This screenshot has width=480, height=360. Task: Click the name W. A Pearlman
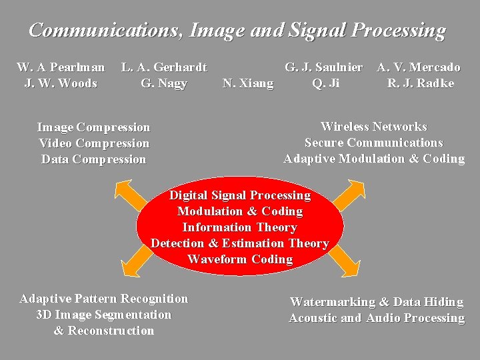(x=61, y=67)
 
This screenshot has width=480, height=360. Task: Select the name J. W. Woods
(x=61, y=83)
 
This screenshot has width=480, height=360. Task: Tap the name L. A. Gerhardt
(x=164, y=67)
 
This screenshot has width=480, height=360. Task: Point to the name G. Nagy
(x=164, y=83)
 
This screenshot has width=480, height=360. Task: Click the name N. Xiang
(x=248, y=83)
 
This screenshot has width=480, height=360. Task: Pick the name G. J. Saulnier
(x=324, y=67)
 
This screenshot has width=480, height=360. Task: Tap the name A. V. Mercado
(x=419, y=67)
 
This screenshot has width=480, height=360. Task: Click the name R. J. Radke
(x=421, y=83)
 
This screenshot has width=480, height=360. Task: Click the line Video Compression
(x=94, y=143)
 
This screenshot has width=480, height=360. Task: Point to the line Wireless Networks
(x=373, y=127)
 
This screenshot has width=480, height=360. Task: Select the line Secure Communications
(x=373, y=143)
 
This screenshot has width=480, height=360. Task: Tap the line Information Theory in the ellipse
(x=240, y=227)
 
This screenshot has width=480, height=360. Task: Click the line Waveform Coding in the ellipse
(x=240, y=259)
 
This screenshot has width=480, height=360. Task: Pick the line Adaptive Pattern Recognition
(x=104, y=299)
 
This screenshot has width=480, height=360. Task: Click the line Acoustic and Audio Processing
(x=377, y=319)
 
